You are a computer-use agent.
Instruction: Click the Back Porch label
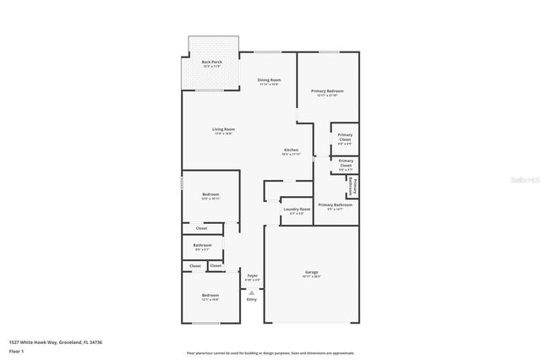[211, 63]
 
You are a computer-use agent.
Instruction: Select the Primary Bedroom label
[327, 92]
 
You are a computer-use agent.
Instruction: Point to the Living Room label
[223, 131]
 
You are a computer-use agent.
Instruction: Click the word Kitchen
[291, 151]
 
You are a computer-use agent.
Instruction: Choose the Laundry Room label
[297, 210]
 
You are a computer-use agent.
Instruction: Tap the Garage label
[311, 273]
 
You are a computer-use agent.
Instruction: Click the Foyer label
[252, 276]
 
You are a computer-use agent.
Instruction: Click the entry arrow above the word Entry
[251, 292]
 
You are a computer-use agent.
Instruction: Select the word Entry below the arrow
[251, 300]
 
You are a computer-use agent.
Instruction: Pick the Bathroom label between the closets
[202, 246]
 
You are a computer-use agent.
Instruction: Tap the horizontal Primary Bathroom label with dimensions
[335, 206]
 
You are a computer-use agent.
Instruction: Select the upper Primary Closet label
[345, 137]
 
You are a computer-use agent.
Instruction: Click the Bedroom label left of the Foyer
[210, 297]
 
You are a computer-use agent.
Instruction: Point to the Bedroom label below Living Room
[210, 196]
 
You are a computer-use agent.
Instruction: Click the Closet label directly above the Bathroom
[201, 228]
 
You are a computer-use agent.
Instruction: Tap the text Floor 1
[16, 351]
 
